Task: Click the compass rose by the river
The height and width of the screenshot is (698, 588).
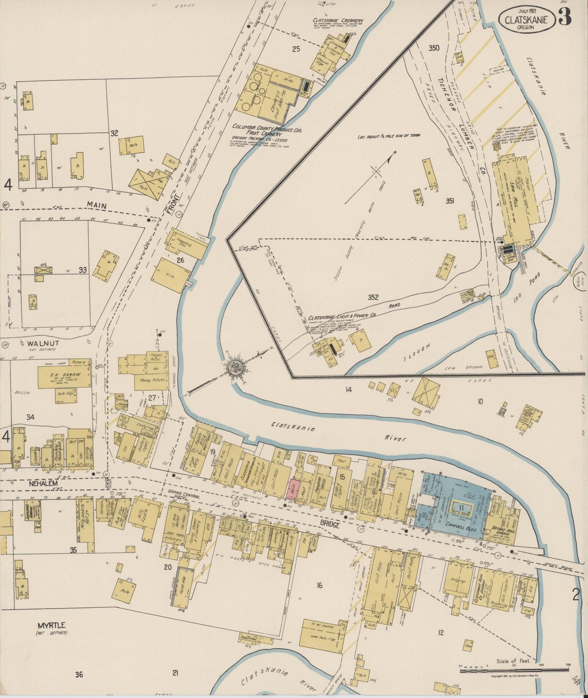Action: tap(236, 368)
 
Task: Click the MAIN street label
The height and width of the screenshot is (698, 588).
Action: tap(96, 206)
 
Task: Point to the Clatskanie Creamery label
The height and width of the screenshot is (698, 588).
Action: tap(338, 21)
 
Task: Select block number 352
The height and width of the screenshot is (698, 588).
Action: tap(373, 297)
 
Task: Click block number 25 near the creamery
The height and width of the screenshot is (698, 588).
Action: tap(296, 49)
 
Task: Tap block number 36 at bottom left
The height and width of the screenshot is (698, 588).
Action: tap(79, 674)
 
